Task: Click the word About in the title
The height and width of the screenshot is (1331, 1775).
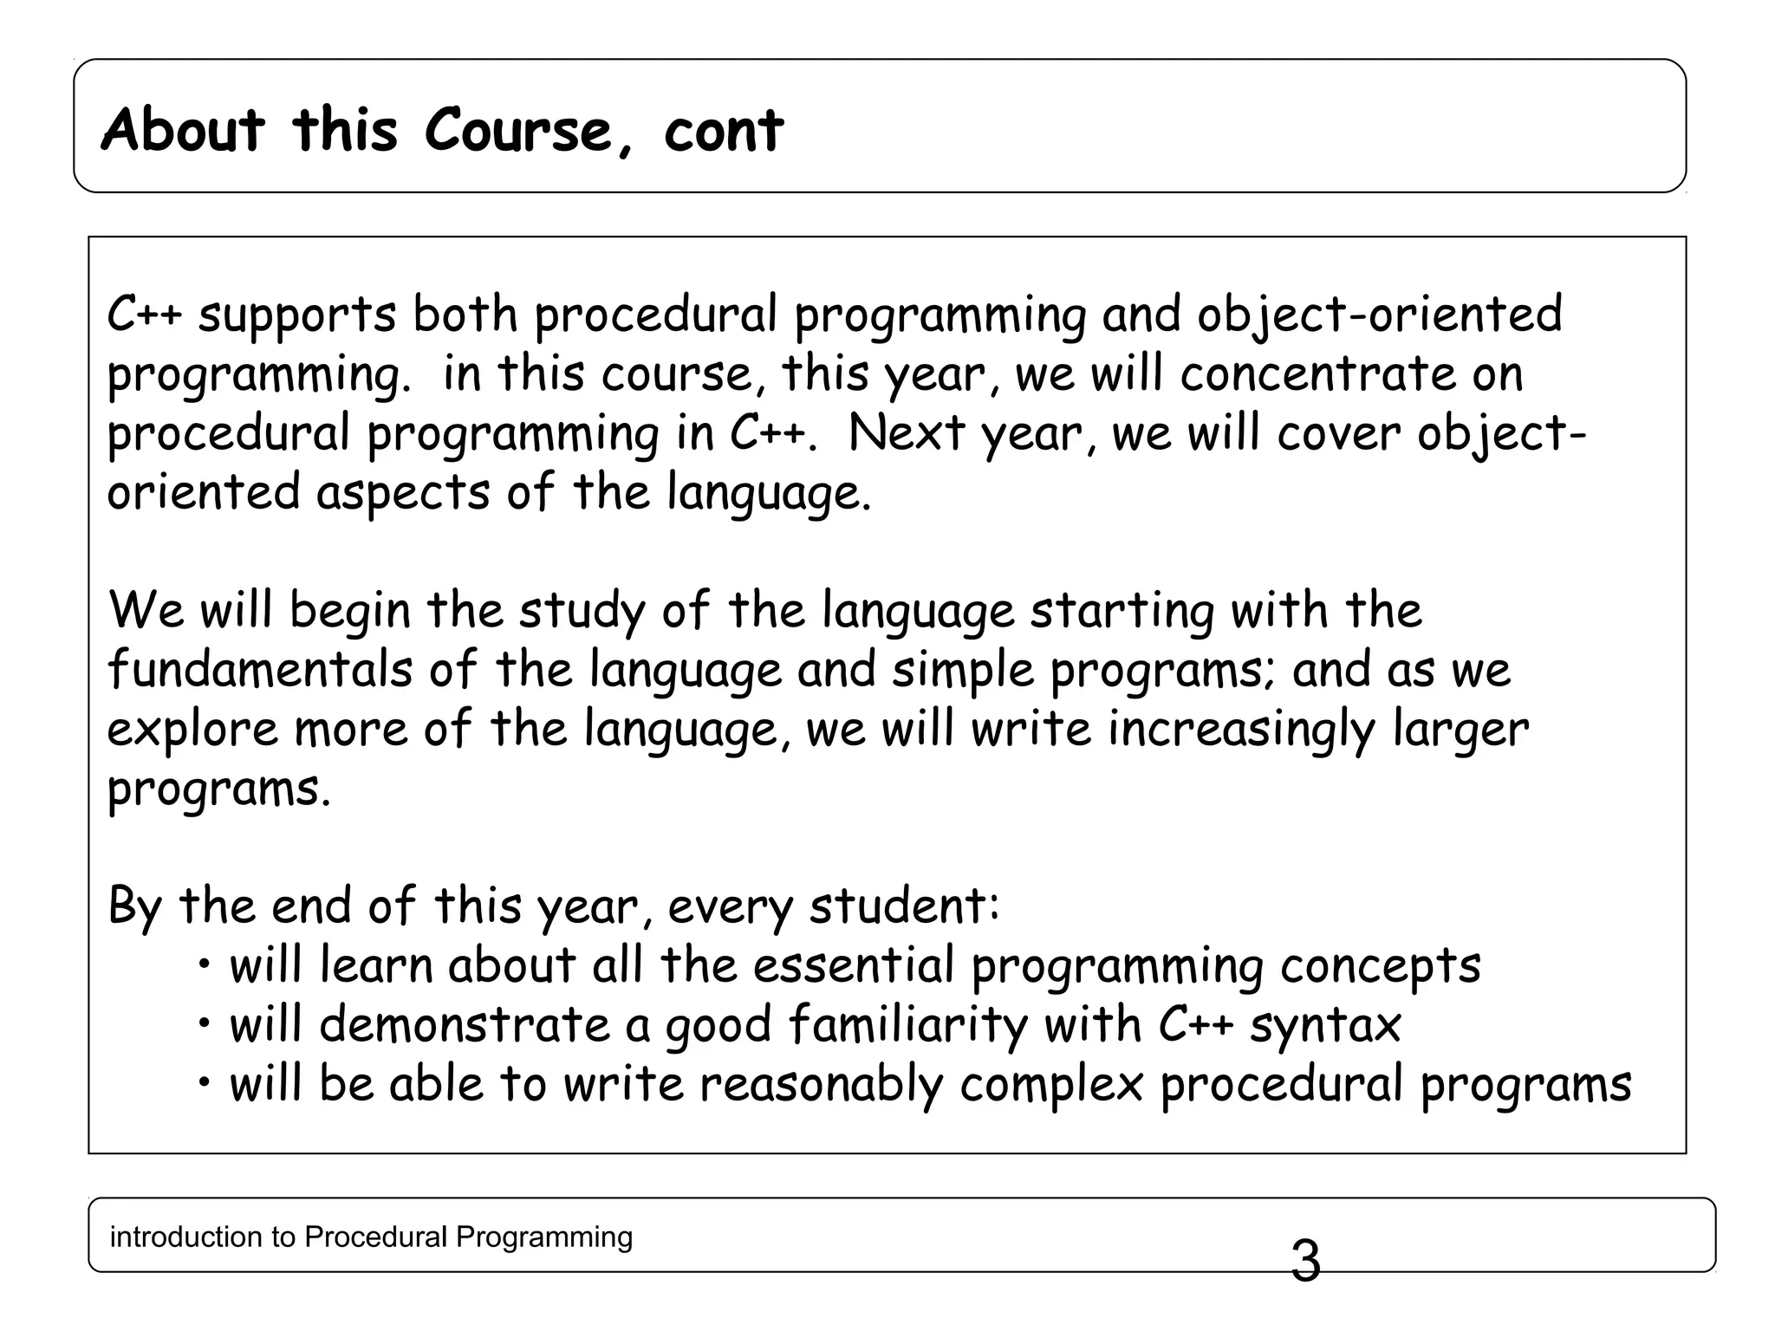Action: tap(183, 130)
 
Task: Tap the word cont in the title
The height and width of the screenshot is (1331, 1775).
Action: tap(724, 132)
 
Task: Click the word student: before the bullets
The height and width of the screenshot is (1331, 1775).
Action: tap(905, 906)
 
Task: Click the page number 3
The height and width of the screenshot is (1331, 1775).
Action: tap(1305, 1262)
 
